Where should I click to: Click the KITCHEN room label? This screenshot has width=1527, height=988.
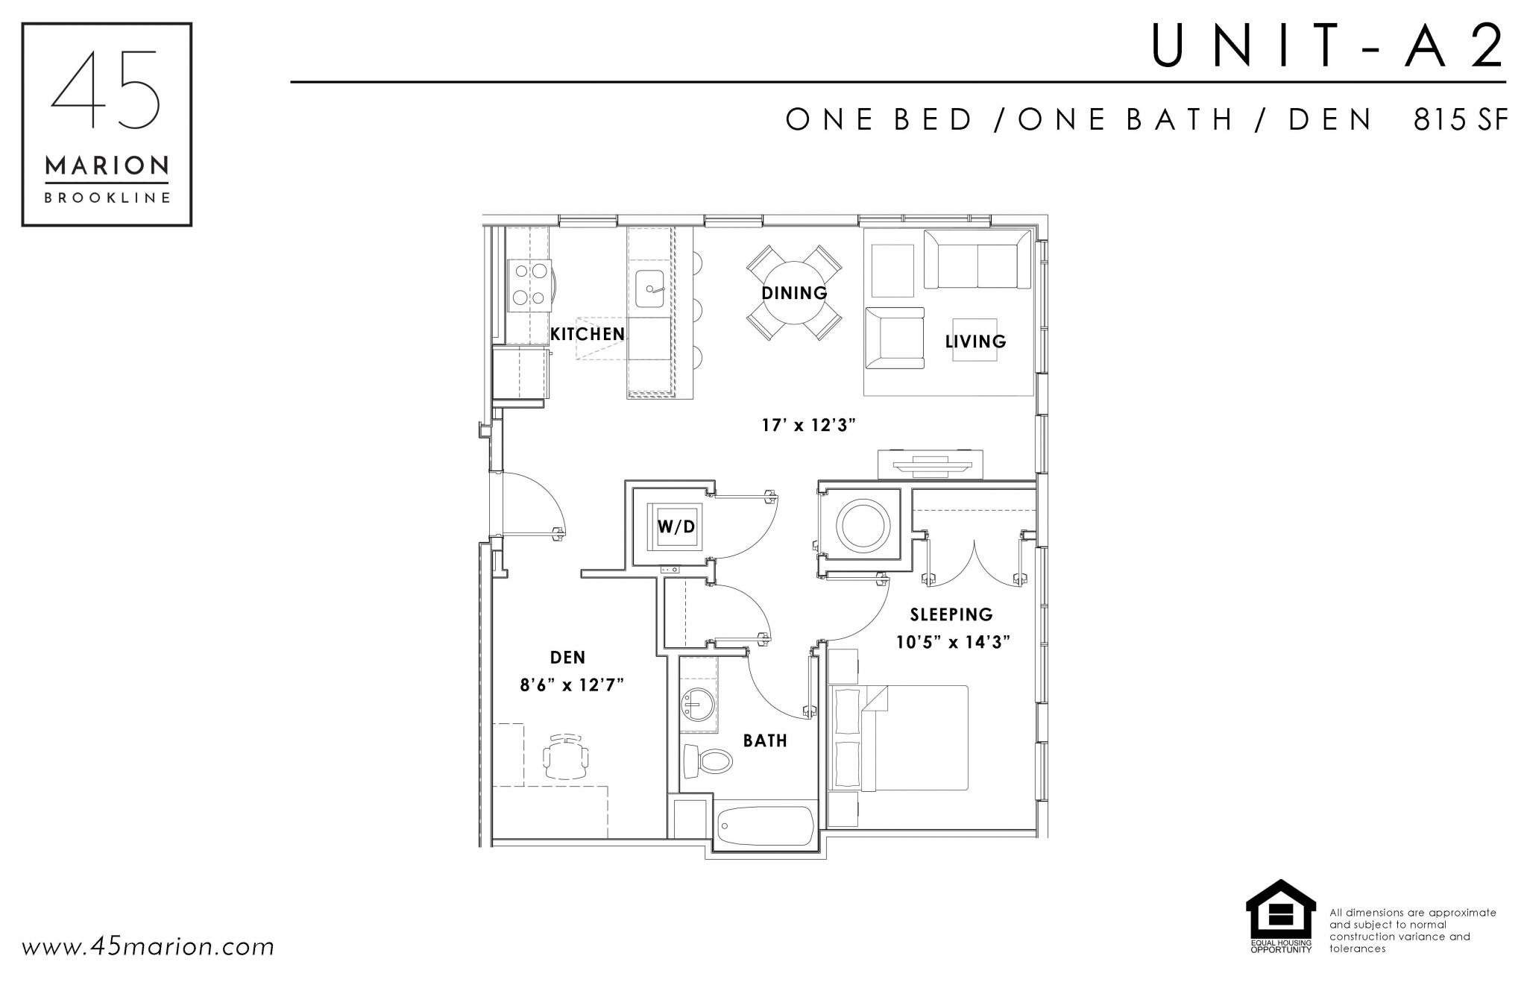click(588, 334)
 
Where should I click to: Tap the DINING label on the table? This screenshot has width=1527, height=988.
click(794, 293)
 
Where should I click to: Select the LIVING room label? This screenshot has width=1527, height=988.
click(975, 342)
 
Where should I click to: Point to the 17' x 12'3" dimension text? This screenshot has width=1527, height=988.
click(808, 426)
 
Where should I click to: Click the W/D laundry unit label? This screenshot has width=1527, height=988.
click(676, 527)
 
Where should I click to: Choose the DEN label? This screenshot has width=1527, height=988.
click(567, 657)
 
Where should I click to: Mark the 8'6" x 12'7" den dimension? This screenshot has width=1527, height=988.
click(572, 685)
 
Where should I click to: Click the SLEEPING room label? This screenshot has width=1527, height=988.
click(951, 614)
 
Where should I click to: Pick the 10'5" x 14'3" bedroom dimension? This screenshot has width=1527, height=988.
click(953, 642)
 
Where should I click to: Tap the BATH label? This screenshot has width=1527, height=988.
click(765, 740)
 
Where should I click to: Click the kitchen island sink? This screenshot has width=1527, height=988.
click(650, 290)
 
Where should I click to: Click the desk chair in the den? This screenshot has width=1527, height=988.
click(567, 757)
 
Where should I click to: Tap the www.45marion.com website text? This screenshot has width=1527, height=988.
click(148, 948)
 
